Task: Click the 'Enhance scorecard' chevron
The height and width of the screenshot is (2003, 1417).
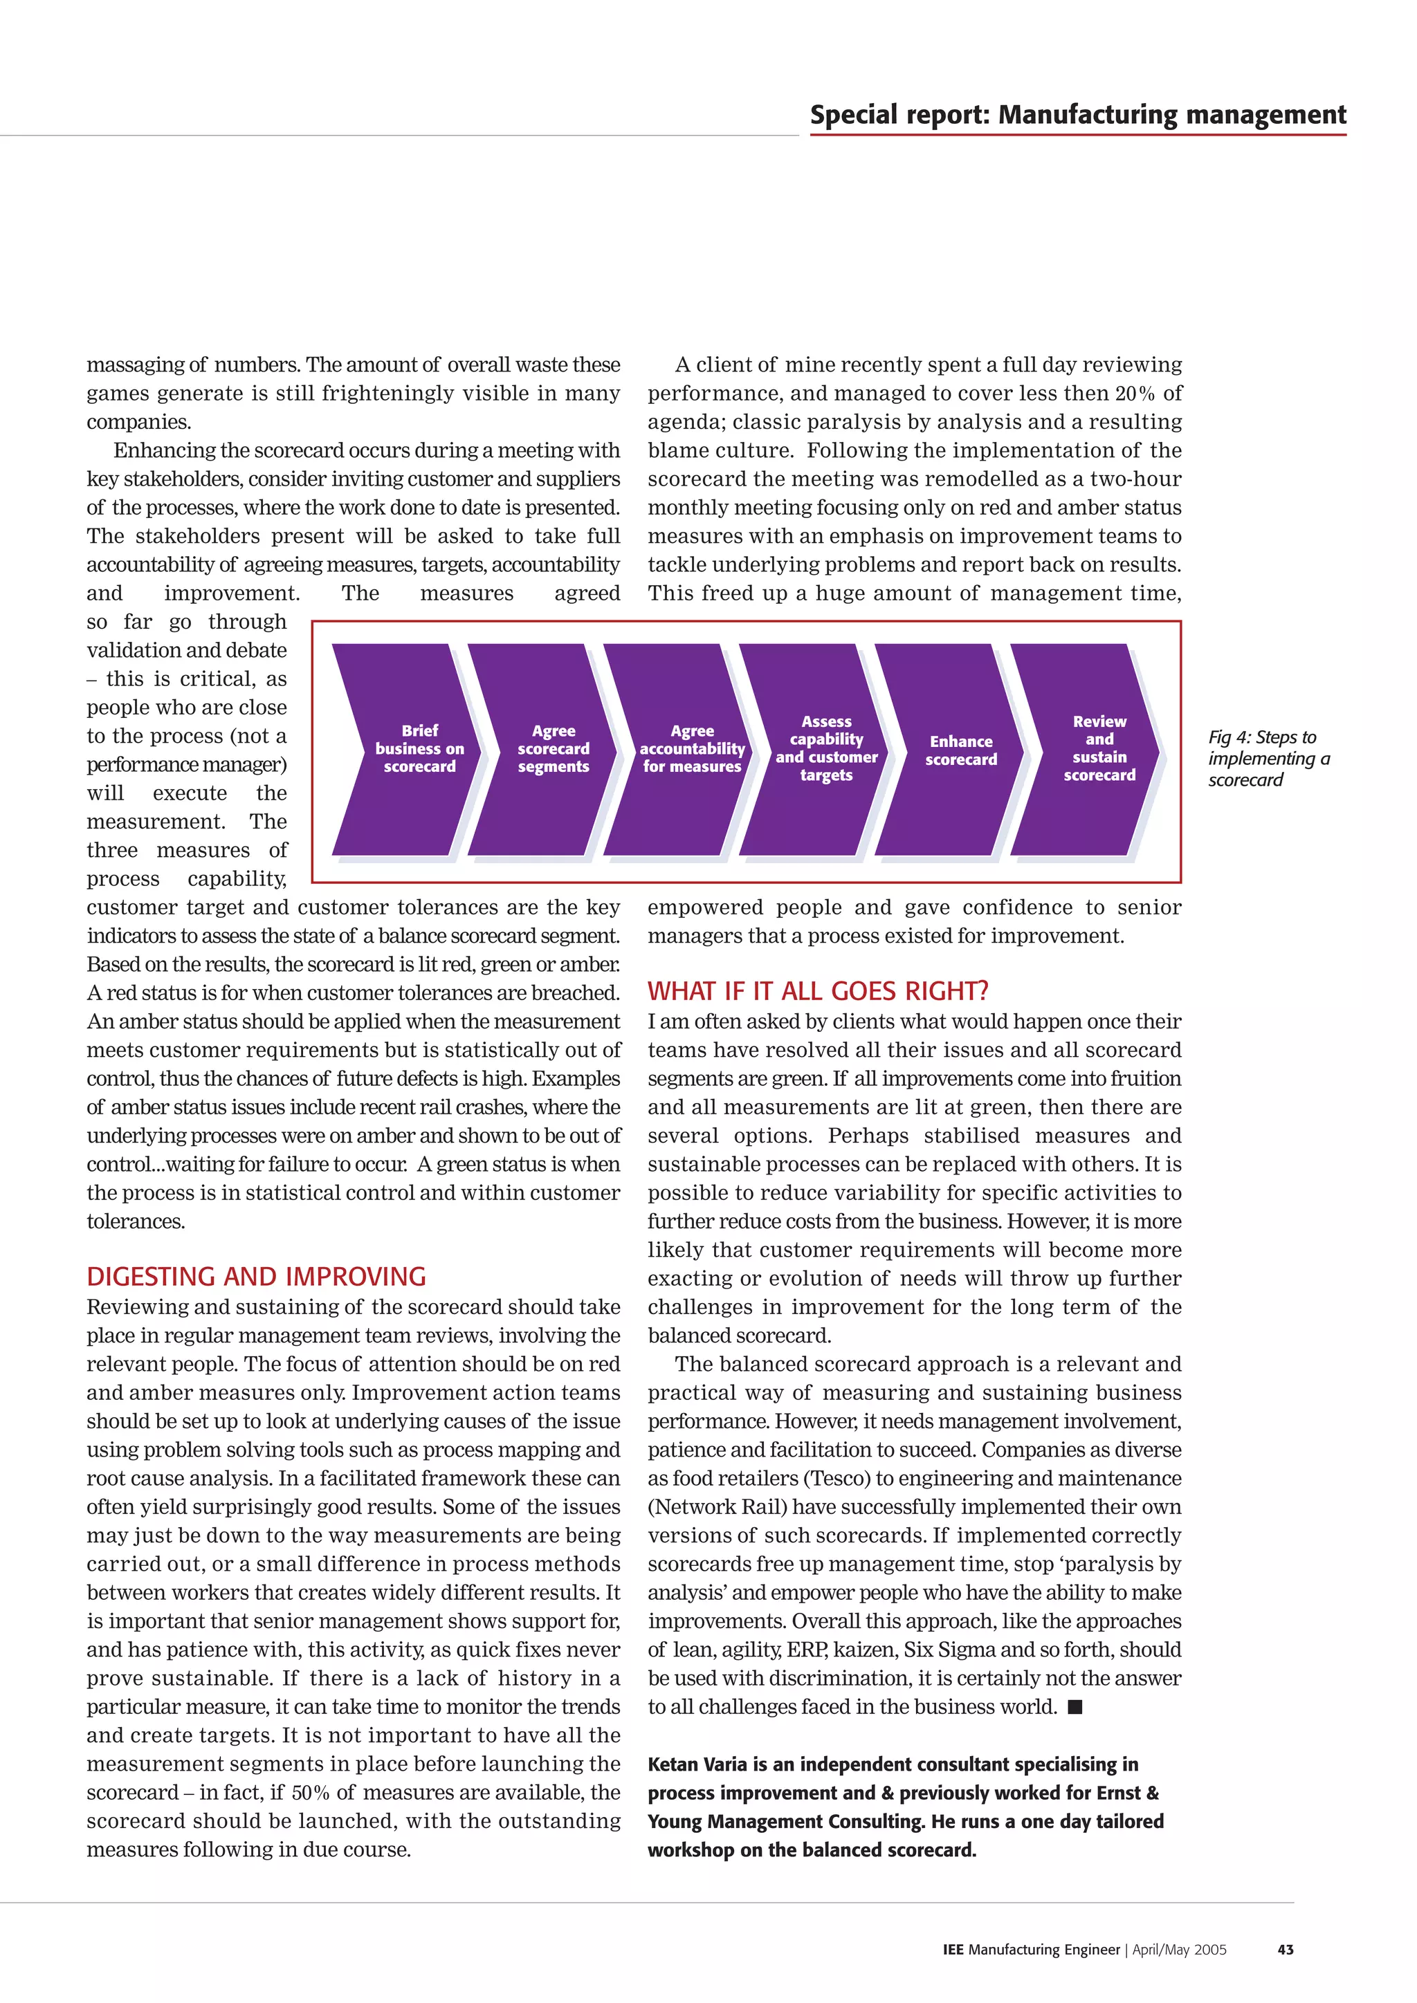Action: point(960,750)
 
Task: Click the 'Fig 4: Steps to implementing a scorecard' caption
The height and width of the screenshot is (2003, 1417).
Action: point(1267,758)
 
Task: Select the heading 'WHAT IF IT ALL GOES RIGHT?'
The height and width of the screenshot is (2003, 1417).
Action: point(818,991)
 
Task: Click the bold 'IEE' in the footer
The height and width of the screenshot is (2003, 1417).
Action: point(953,1949)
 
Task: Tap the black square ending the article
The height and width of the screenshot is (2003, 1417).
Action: point(1075,1707)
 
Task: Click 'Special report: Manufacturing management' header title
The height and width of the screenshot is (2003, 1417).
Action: point(1077,115)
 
